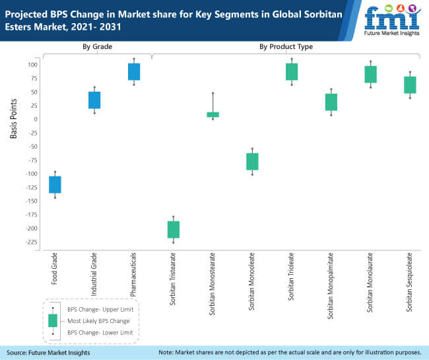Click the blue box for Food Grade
(x=55, y=184)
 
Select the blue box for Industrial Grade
(x=94, y=100)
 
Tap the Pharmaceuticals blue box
(x=134, y=71)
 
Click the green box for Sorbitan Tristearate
(x=174, y=229)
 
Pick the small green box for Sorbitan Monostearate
(x=213, y=114)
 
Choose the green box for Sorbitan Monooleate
(x=252, y=161)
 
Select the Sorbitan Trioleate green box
(x=292, y=71)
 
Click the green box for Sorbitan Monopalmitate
(x=331, y=102)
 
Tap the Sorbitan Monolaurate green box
(x=370, y=74)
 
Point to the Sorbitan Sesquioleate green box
(x=410, y=85)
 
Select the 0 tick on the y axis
(x=34, y=119)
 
